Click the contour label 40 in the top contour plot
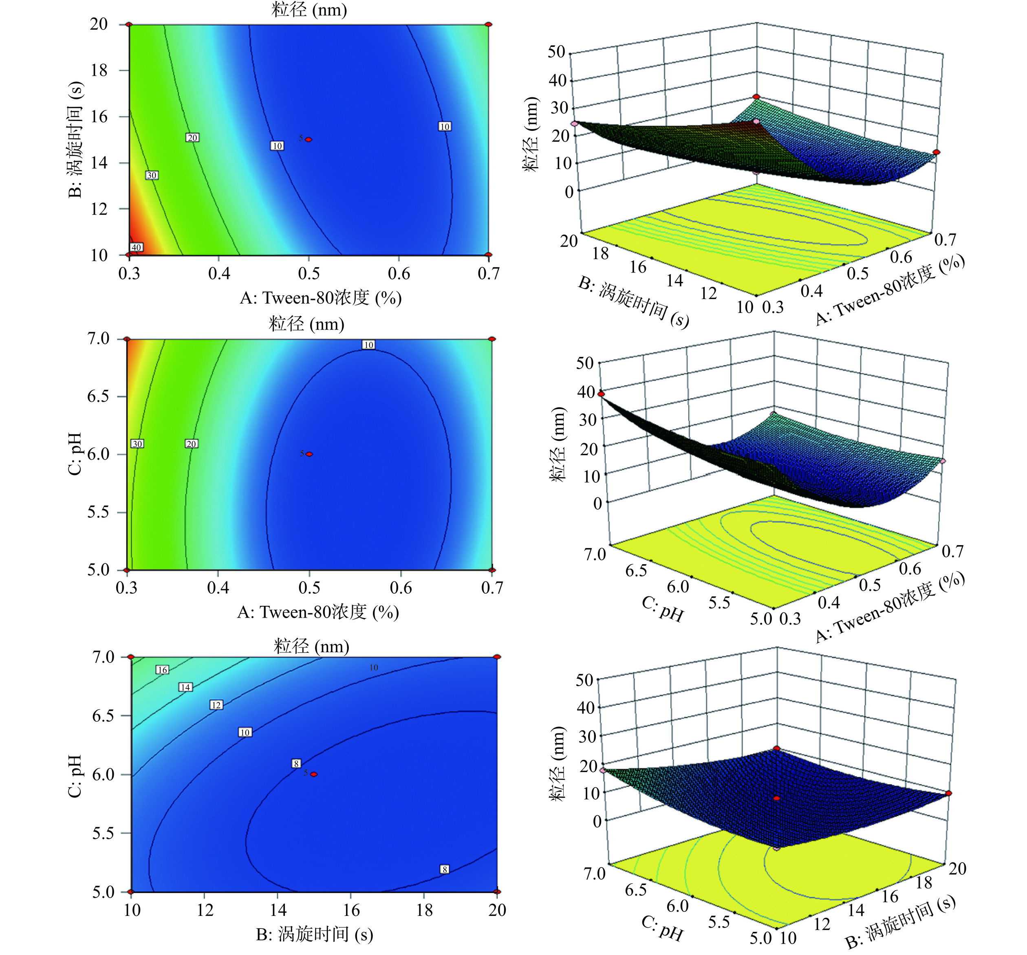point(136,247)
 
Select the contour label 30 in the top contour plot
point(151,176)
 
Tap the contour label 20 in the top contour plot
point(192,138)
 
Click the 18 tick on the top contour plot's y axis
point(99,70)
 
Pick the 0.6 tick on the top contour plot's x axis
point(399,273)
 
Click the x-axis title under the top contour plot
point(320,298)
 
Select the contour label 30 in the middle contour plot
point(137,444)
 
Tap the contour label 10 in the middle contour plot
point(368,345)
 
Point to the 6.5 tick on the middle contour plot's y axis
point(98,396)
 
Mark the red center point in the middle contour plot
point(309,454)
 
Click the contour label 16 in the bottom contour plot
point(162,670)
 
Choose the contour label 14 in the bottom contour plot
point(185,687)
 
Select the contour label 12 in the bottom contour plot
point(216,705)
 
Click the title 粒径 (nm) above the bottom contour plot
point(311,646)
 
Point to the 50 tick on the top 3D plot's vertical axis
point(556,52)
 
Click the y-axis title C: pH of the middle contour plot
point(75,453)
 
